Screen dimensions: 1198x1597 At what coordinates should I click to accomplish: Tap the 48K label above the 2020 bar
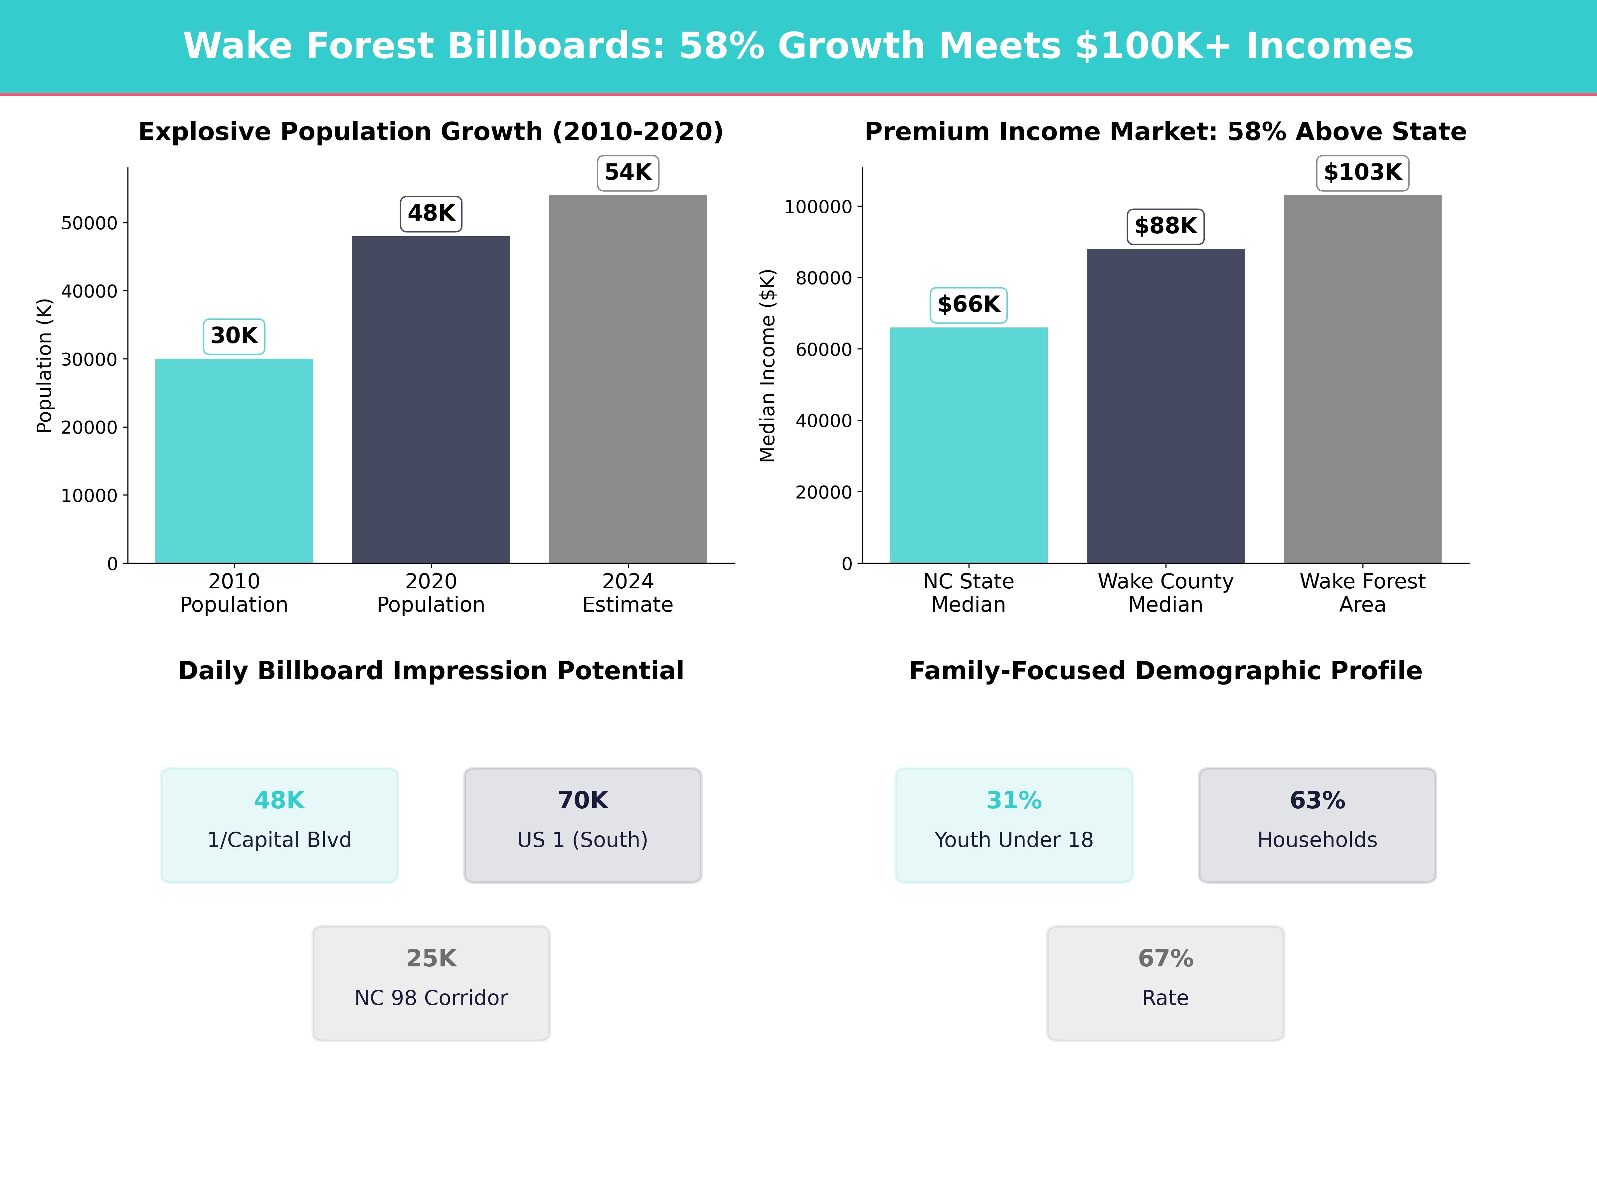coord(431,214)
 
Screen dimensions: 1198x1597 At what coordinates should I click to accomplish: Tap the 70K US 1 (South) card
coord(583,825)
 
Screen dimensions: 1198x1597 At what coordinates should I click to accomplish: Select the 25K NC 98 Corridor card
coord(431,983)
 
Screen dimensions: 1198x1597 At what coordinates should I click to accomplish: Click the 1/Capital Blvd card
coord(279,825)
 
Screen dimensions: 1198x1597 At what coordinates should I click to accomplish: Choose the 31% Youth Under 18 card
coord(1014,825)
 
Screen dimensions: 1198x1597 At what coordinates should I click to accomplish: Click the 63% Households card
coord(1317,825)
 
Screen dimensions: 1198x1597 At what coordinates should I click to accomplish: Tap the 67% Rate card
coord(1165,983)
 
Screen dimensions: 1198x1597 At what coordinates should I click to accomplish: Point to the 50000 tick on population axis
coord(89,223)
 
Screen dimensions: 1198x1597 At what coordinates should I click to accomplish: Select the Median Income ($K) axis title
coord(768,365)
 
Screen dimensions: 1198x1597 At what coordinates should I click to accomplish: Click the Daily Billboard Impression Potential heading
coord(431,671)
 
